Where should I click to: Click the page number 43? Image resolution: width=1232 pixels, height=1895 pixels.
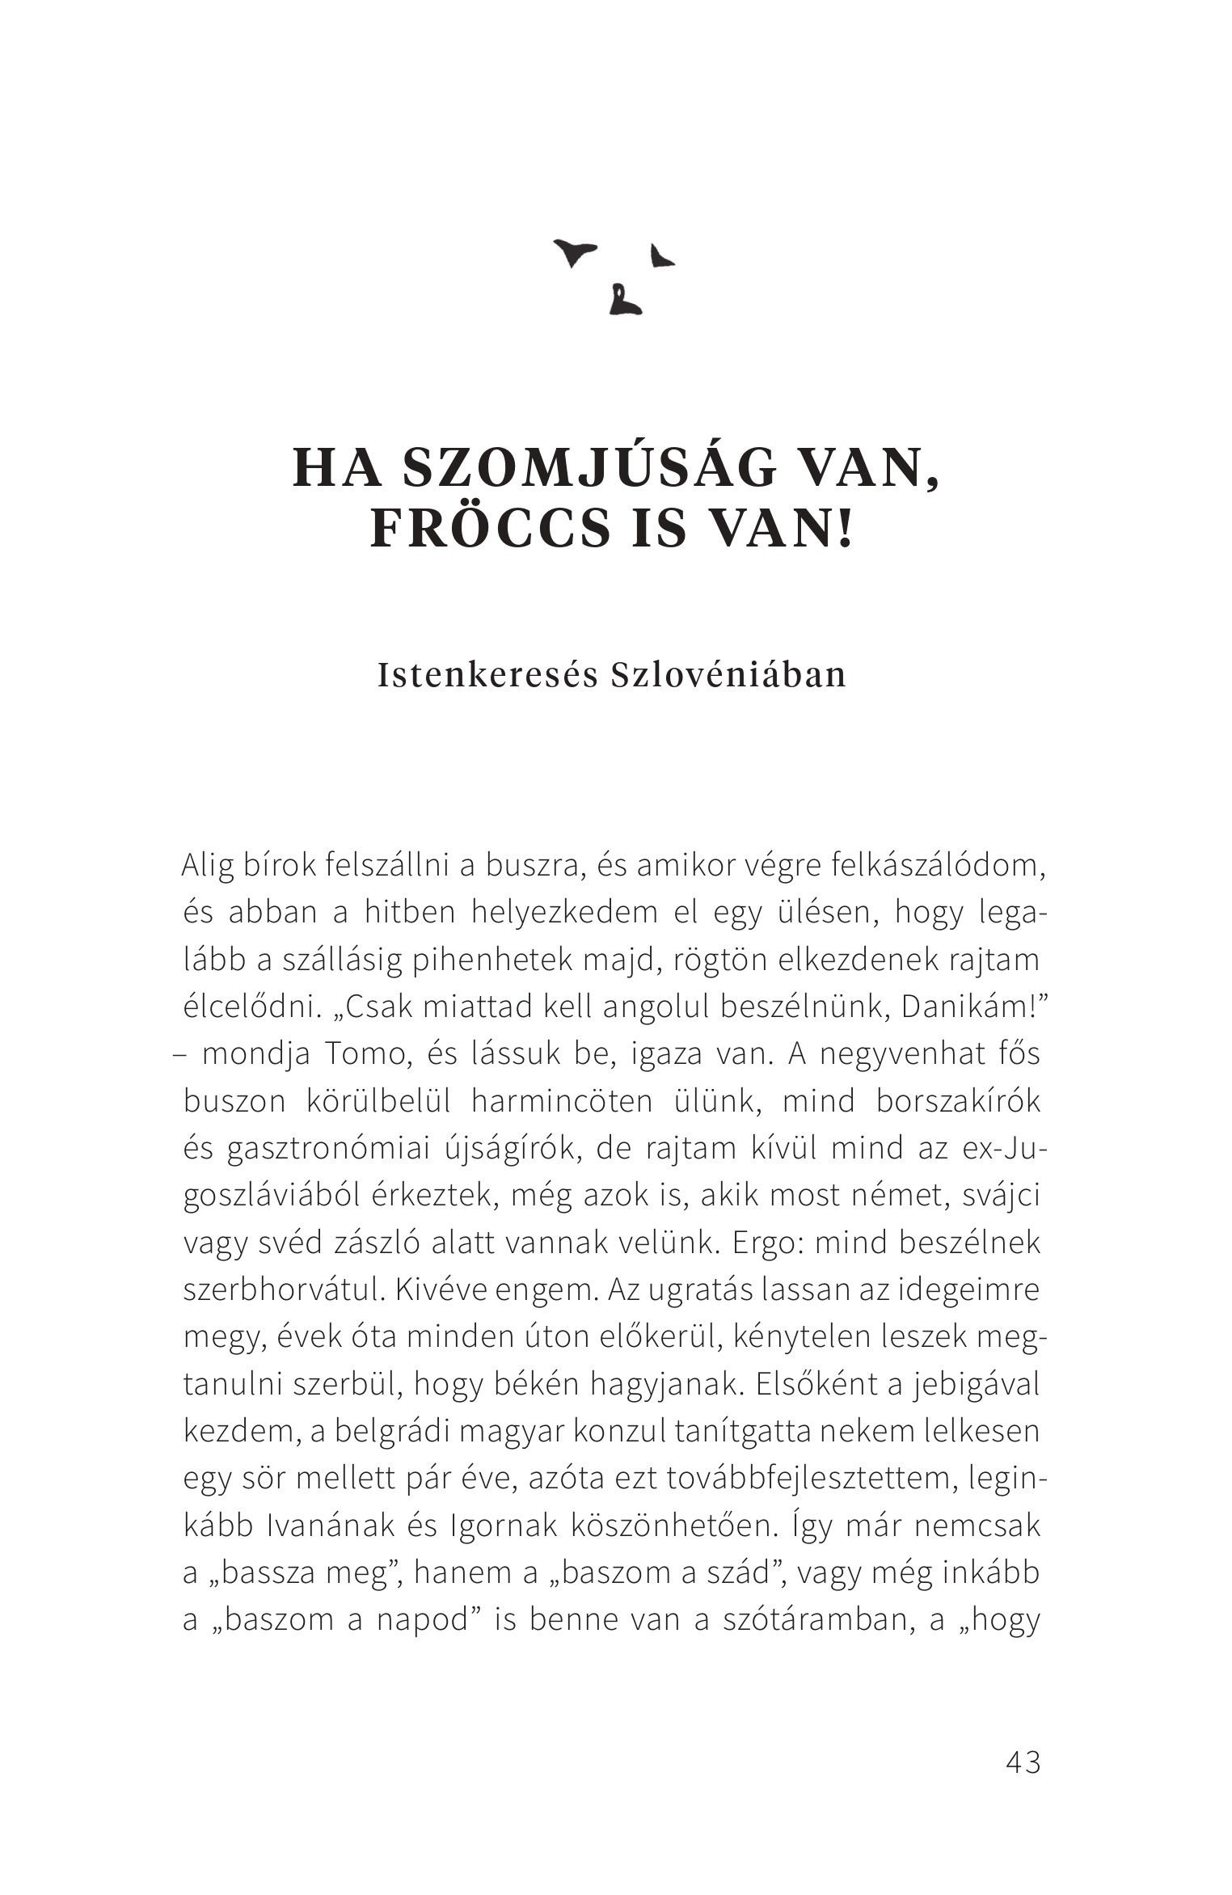1023,1762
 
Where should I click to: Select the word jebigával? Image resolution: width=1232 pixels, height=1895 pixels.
974,1386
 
